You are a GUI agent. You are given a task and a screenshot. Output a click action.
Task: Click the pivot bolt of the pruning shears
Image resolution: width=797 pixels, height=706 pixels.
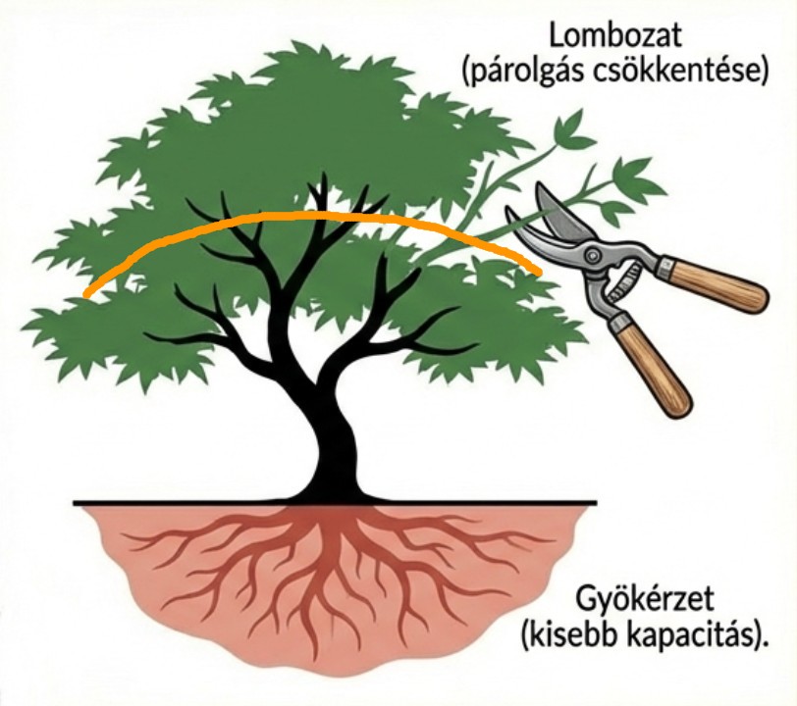click(x=592, y=257)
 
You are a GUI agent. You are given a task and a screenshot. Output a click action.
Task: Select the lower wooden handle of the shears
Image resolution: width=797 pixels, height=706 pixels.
click(x=655, y=368)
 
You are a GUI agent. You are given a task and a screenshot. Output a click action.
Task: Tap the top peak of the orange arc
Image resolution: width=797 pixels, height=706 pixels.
click(x=314, y=216)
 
